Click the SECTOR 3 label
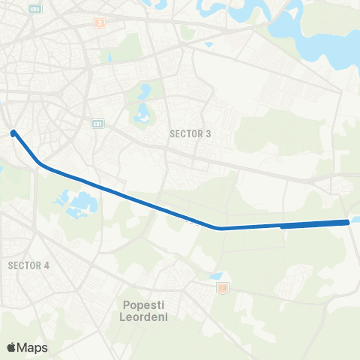tap(190, 133)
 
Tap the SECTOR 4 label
tap(28, 265)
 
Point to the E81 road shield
tap(97, 124)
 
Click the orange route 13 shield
tap(221, 286)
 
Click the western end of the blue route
tap(13, 133)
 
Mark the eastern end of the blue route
tap(347, 222)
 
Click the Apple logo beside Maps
tap(11, 347)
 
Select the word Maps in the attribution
tap(32, 347)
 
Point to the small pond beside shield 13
tap(217, 276)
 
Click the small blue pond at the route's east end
tap(355, 220)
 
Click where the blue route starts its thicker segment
tap(282, 225)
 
